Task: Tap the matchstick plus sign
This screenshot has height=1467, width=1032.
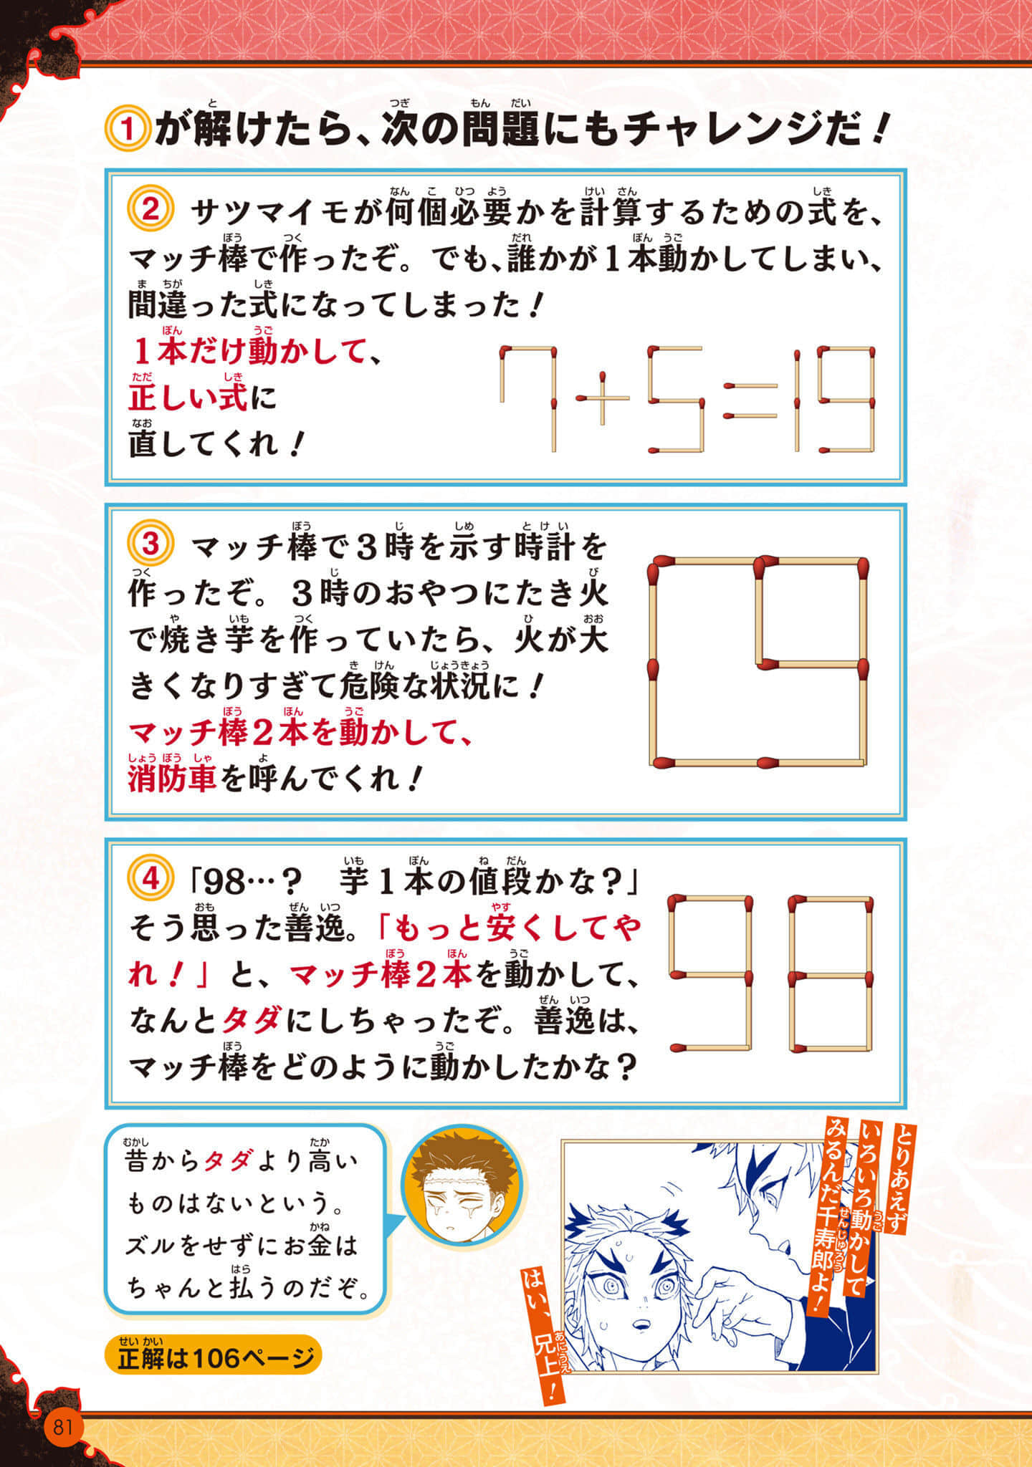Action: click(x=603, y=398)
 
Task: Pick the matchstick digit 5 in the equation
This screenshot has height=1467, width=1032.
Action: click(x=674, y=399)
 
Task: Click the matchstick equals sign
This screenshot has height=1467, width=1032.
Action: click(x=750, y=401)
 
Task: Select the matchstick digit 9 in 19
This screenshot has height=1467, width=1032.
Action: click(x=848, y=399)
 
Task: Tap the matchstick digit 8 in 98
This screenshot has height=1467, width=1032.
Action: click(x=831, y=973)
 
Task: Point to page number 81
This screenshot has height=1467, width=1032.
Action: click(x=62, y=1426)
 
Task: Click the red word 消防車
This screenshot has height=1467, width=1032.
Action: click(x=172, y=779)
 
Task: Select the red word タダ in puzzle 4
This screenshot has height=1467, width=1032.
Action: click(x=252, y=1019)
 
